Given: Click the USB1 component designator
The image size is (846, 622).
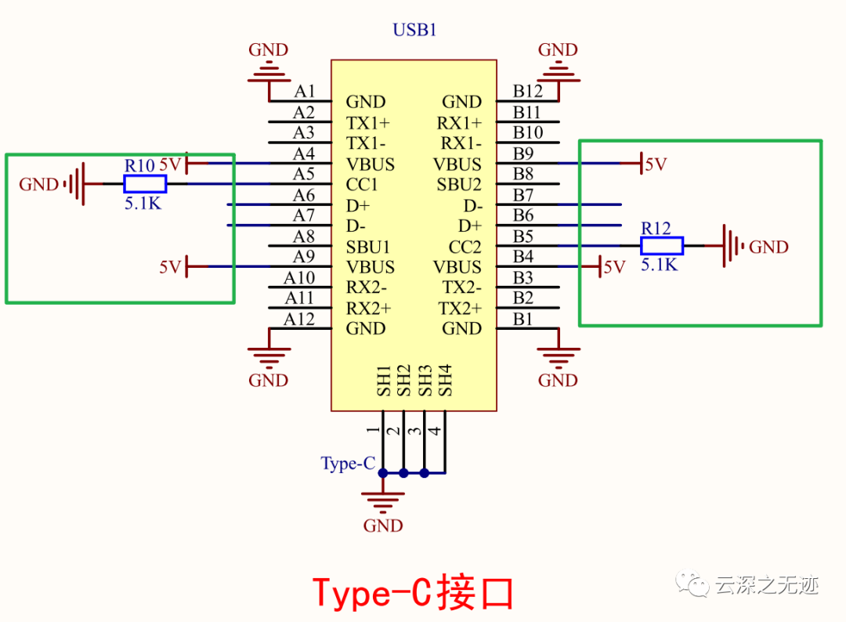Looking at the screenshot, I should pyautogui.click(x=414, y=31).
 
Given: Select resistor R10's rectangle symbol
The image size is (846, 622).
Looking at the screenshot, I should pyautogui.click(x=145, y=184).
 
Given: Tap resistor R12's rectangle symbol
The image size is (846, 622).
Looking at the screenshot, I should pyautogui.click(x=662, y=246).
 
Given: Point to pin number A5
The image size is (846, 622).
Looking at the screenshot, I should pyautogui.click(x=303, y=174).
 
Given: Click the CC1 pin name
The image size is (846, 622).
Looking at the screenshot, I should pyautogui.click(x=362, y=185).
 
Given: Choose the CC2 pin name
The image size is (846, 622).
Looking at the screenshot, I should pyautogui.click(x=465, y=247).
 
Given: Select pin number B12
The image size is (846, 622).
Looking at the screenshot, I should pyautogui.click(x=528, y=92).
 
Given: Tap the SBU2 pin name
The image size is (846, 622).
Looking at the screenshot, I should pyautogui.click(x=459, y=185).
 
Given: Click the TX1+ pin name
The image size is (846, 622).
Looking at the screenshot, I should pyautogui.click(x=367, y=123).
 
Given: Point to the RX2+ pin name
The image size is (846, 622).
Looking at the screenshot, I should pyautogui.click(x=368, y=308).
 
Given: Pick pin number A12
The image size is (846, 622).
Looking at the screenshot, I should pyautogui.click(x=298, y=319).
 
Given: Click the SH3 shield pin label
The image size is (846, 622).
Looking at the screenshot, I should pyautogui.click(x=425, y=380).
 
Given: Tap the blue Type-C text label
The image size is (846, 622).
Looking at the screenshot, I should pyautogui.click(x=348, y=464).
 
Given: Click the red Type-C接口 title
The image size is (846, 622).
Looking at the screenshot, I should pyautogui.click(x=413, y=593).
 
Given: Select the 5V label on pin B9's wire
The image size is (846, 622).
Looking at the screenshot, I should pyautogui.click(x=655, y=165).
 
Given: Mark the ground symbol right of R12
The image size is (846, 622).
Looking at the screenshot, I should pyautogui.click(x=732, y=246).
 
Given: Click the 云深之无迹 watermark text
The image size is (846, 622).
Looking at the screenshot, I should pyautogui.click(x=766, y=585).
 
